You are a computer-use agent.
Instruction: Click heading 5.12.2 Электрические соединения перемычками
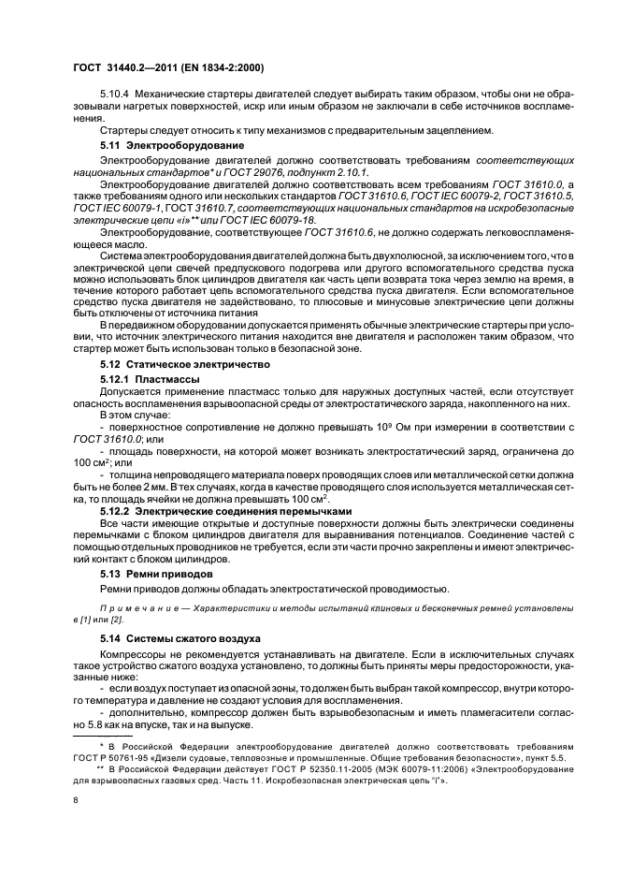[x=225, y=512]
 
